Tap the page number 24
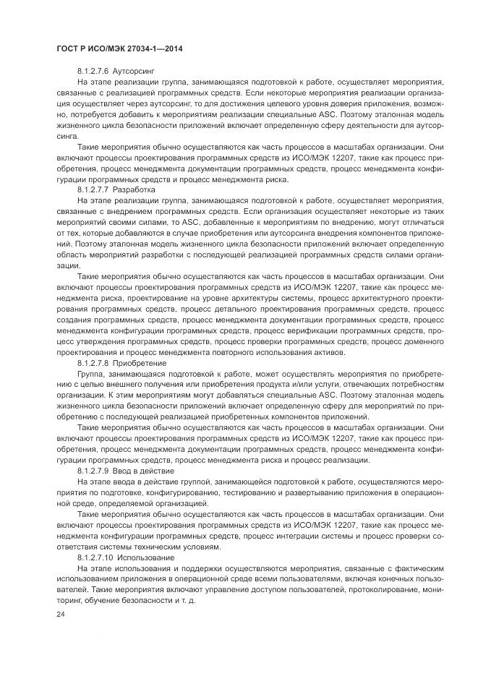pyautogui.click(x=61, y=614)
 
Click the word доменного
pyautogui.click(x=419, y=341)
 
